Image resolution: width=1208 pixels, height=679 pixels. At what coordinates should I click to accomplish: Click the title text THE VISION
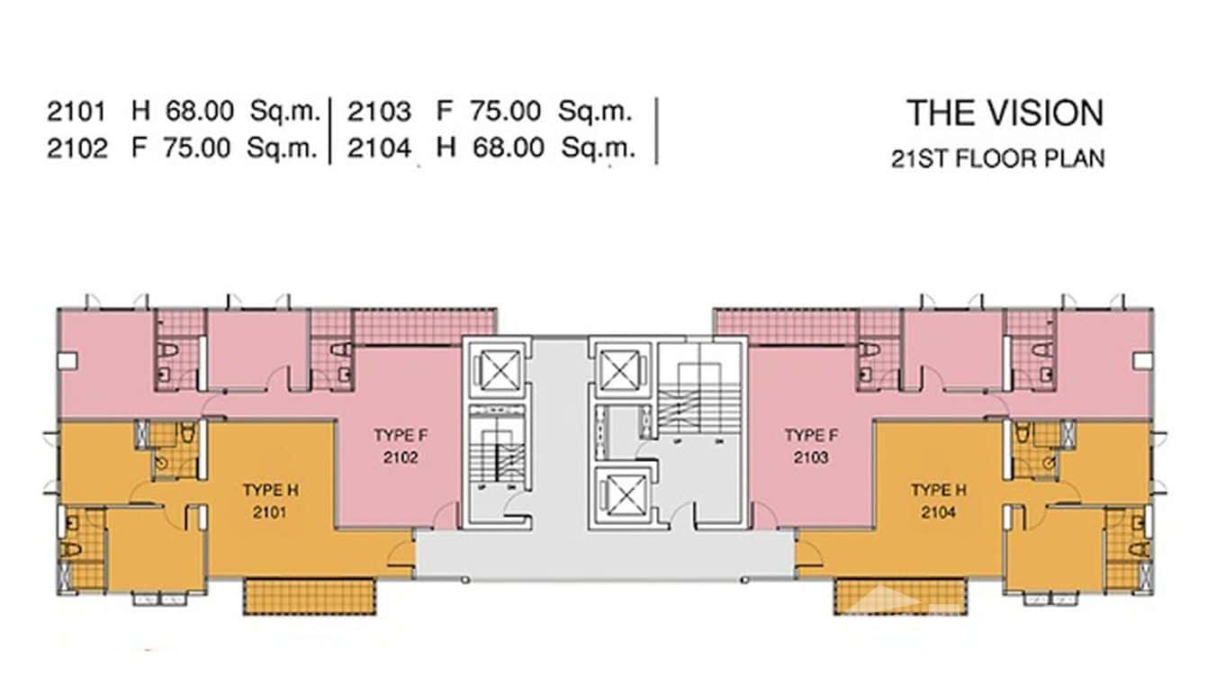[1005, 113]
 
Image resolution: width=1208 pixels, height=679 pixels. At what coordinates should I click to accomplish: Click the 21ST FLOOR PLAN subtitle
[997, 159]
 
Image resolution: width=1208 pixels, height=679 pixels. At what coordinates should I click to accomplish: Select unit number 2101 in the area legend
[77, 113]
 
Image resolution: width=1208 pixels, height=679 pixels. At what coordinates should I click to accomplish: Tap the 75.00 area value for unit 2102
[196, 148]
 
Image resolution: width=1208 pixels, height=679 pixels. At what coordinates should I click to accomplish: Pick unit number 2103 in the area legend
[379, 113]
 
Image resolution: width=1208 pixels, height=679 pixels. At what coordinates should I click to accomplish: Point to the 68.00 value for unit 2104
[509, 148]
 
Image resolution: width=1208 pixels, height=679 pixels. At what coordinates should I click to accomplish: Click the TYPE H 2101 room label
[269, 502]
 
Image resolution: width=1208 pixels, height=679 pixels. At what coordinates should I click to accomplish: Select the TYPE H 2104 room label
[938, 502]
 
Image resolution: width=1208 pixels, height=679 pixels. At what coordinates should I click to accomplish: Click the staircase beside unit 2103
[701, 396]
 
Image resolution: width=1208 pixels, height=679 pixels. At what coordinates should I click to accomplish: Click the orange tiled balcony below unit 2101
[309, 596]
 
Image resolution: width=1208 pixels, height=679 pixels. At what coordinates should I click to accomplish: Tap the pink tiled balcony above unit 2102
[423, 326]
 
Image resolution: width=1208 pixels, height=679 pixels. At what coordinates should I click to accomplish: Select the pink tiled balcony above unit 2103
[785, 326]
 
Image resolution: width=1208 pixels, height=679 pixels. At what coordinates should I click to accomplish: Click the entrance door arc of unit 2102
[445, 517]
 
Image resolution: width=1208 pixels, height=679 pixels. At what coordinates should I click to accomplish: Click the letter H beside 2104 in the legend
[446, 148]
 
